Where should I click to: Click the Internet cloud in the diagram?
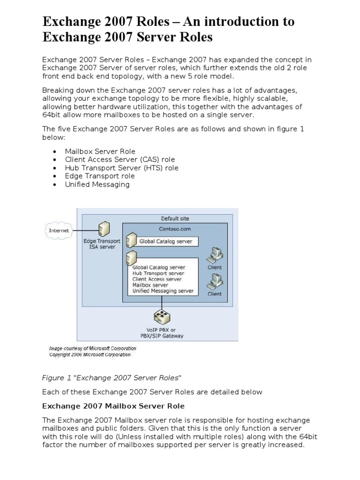pos(59,231)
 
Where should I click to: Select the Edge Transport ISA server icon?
pos(102,230)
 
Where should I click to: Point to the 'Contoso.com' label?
pos(175,229)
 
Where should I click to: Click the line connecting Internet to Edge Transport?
pos(84,230)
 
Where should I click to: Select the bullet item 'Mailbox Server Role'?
pos(100,151)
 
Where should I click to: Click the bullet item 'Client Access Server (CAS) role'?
pos(120,159)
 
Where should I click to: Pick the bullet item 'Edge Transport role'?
pos(99,176)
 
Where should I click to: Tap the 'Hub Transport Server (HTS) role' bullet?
pos(121,168)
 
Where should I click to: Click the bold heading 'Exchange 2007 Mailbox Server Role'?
pos(113,406)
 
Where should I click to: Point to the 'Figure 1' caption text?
pos(112,378)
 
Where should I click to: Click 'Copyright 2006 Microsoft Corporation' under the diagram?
pos(90,355)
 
